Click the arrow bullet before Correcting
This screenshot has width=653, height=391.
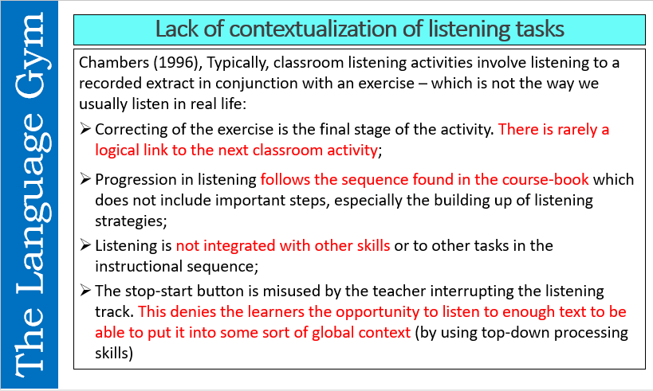[85, 130]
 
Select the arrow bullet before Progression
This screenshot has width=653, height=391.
[85, 180]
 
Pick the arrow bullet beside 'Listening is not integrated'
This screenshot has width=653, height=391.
[85, 246]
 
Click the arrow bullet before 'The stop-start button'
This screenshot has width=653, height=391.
[85, 291]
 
